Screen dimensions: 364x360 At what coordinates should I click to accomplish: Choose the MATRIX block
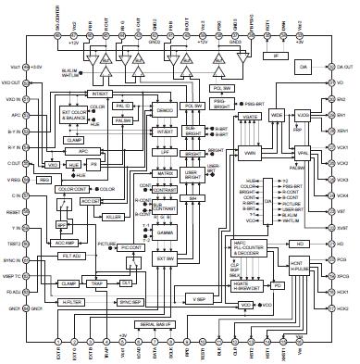coord(167,172)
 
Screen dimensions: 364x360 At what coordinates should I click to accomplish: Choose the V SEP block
coord(198,299)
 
